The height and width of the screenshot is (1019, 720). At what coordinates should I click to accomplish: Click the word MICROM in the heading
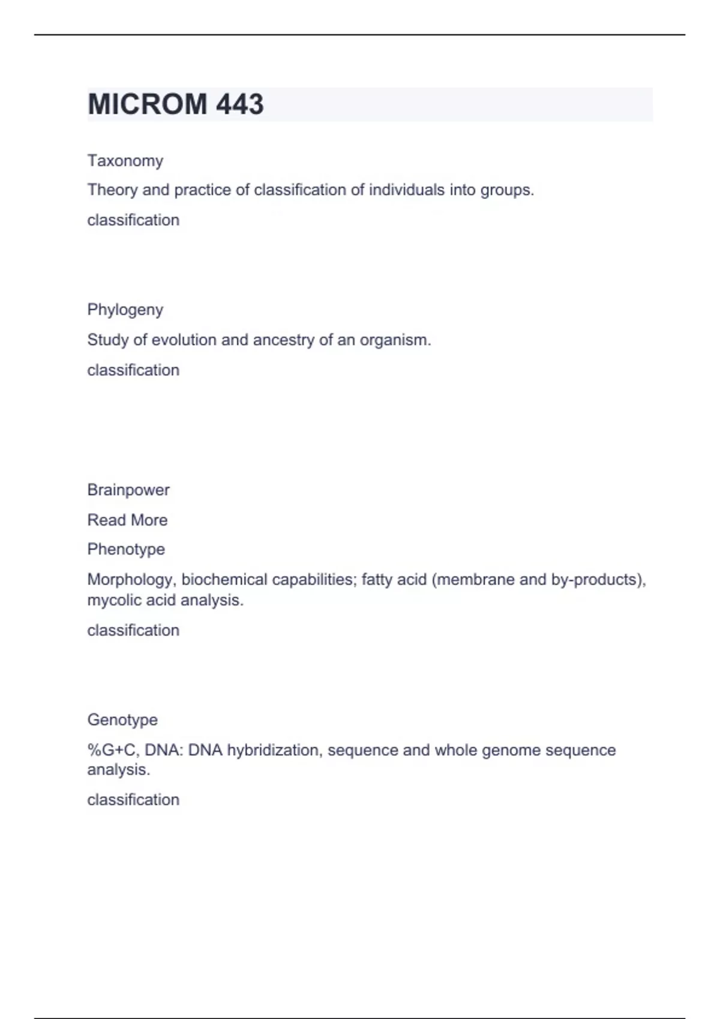[148, 104]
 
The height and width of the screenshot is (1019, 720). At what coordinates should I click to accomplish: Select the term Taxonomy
[125, 161]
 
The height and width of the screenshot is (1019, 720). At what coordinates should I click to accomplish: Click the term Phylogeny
[125, 310]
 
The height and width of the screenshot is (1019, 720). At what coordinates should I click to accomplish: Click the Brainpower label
[128, 490]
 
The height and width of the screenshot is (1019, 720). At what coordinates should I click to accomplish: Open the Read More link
[127, 520]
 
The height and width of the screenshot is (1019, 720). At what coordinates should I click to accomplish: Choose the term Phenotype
[126, 549]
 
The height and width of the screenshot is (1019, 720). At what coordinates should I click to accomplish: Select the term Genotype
[122, 719]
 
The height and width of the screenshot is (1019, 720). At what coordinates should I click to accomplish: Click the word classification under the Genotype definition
[133, 800]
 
